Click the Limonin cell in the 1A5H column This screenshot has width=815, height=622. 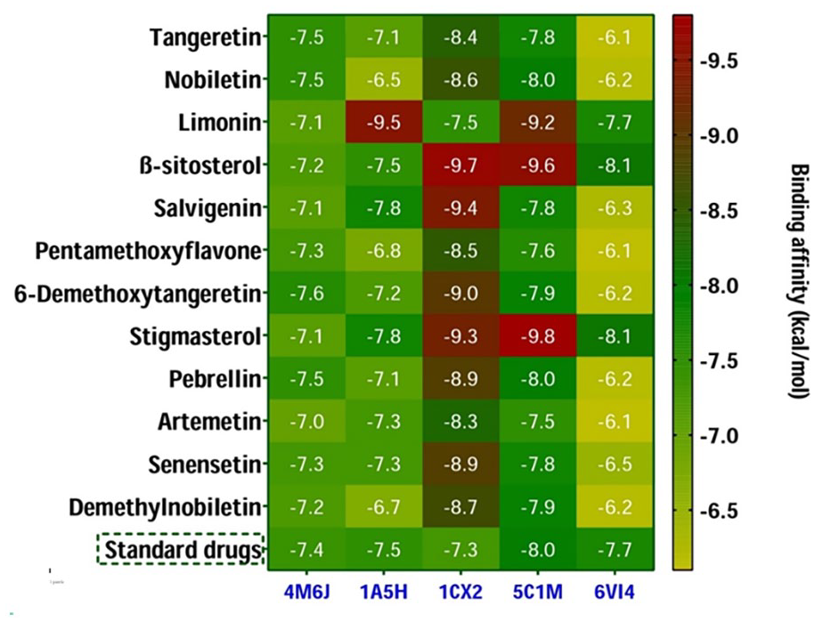point(384,122)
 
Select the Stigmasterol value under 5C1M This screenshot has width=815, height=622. point(537,335)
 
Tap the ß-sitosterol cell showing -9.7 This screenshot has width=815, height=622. point(461,165)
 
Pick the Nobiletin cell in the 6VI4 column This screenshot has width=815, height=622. point(615,79)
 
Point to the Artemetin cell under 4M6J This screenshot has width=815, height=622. point(306,421)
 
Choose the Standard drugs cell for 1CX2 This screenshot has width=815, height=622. point(461,549)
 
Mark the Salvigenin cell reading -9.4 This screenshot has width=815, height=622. point(461,207)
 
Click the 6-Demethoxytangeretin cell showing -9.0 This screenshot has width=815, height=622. point(461,293)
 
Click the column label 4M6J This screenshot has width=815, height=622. point(306,592)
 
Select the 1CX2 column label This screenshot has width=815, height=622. point(461,592)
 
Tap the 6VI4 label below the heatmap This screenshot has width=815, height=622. point(615,592)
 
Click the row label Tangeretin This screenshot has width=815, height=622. point(205,36)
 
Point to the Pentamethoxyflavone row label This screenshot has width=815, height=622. point(148,251)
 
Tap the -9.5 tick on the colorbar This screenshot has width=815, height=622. point(719,61)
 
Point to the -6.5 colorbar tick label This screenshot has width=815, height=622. point(719,512)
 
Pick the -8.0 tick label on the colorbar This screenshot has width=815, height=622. point(719,286)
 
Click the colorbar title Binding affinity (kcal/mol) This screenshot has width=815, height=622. point(799,282)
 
